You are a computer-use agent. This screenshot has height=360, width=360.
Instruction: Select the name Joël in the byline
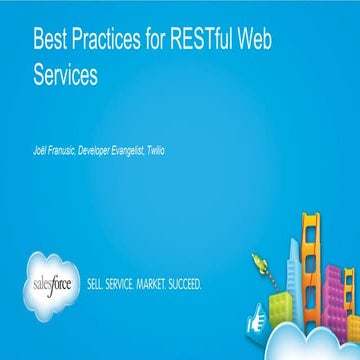click(41, 150)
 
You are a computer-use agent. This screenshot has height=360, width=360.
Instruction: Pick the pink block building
click(349, 290)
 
